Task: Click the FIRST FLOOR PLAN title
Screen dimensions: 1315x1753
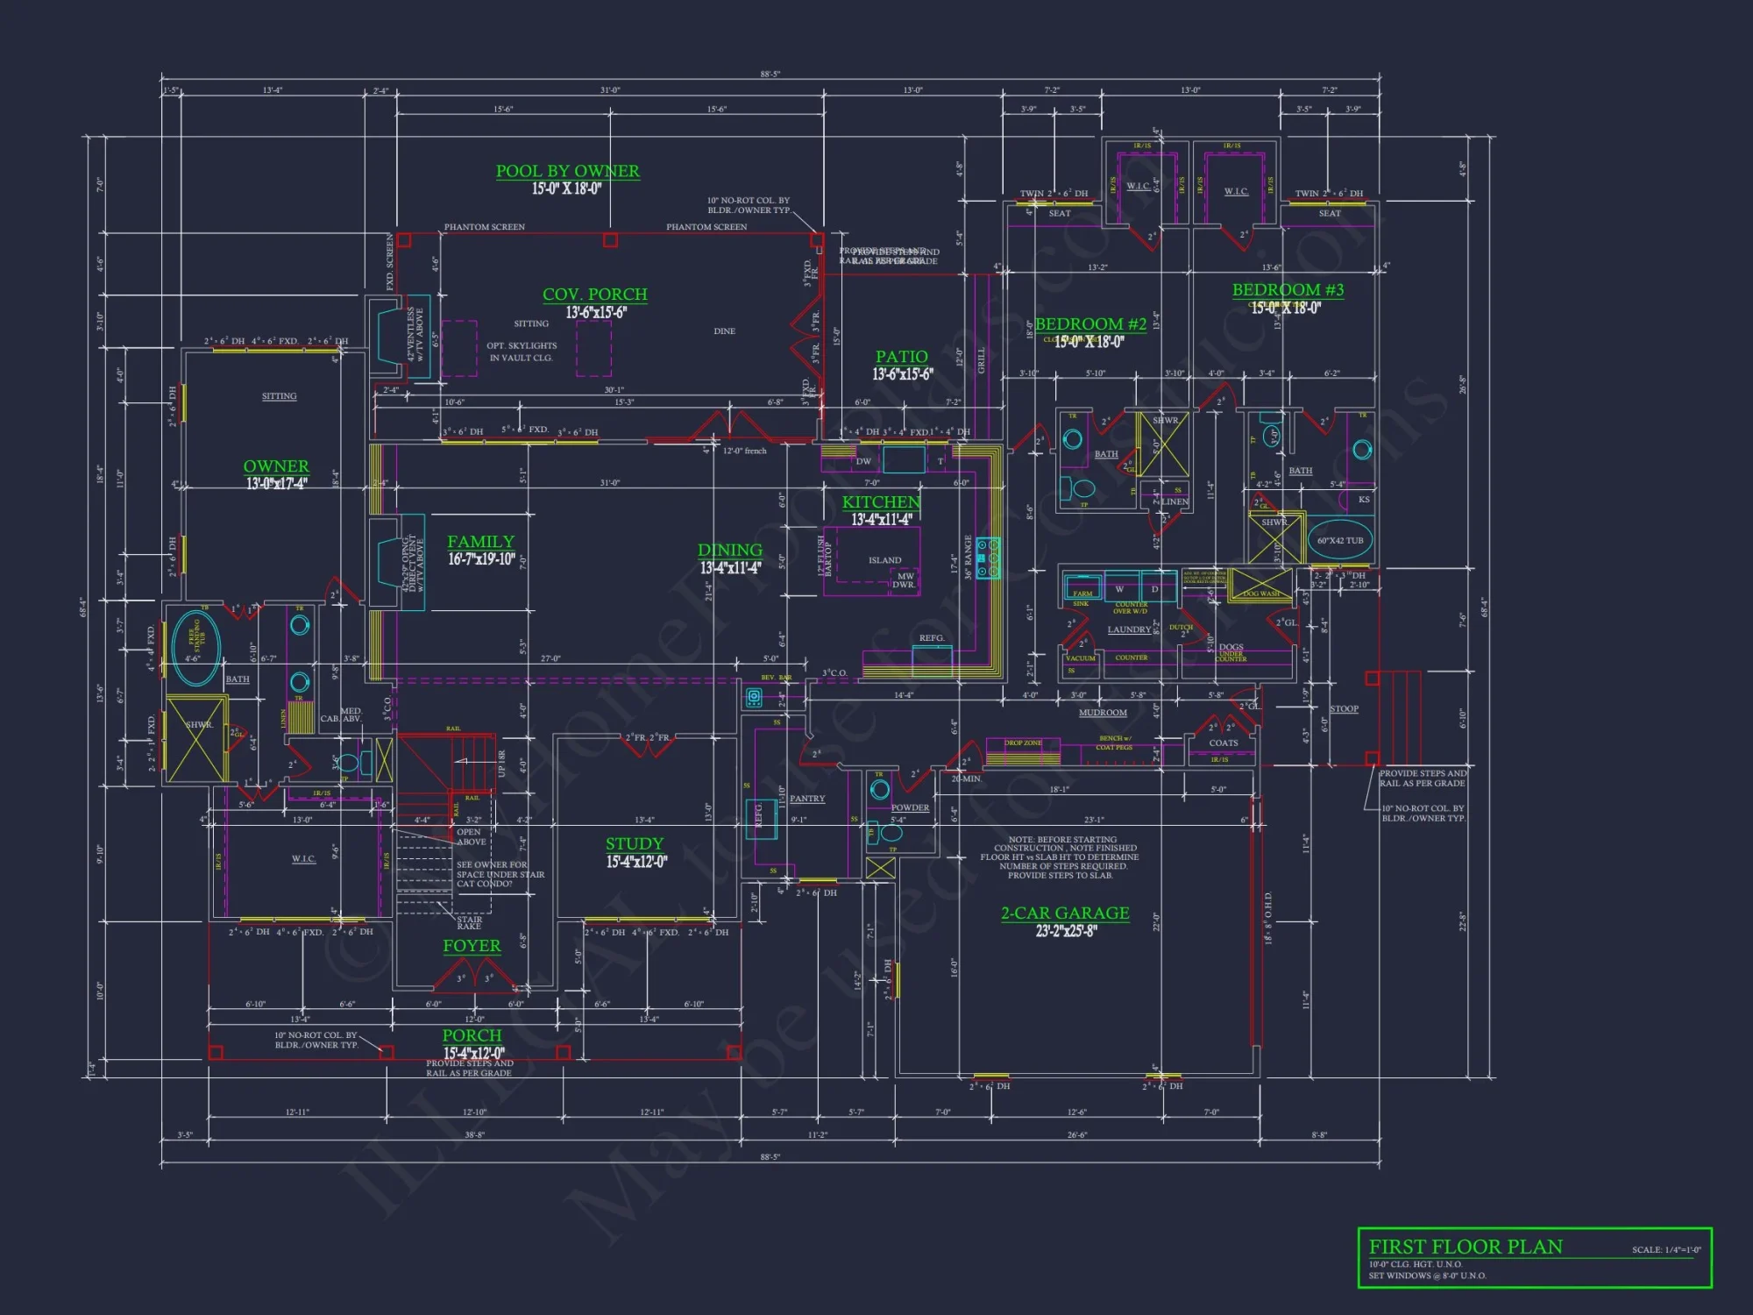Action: [1466, 1247]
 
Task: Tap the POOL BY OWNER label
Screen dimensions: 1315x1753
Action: [567, 171]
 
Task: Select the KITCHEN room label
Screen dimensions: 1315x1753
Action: [881, 502]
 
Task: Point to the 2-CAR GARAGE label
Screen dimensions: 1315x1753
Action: [1065, 913]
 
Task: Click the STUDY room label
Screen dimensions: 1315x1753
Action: [635, 844]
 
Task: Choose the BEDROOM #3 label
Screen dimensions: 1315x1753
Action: [1288, 290]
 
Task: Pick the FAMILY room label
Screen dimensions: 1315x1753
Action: [480, 542]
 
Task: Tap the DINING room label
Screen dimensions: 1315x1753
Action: [729, 551]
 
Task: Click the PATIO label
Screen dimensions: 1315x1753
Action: [901, 357]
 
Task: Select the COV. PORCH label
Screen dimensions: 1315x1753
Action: [594, 295]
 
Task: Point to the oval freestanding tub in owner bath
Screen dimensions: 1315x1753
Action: [195, 649]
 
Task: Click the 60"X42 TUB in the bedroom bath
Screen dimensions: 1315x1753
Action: [1340, 540]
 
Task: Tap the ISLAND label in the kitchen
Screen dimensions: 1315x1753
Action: [884, 560]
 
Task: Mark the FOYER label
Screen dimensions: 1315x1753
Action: [472, 946]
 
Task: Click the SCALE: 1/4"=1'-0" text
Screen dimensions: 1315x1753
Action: [1665, 1250]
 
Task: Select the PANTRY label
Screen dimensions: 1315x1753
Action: [807, 799]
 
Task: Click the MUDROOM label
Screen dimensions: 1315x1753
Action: [1103, 713]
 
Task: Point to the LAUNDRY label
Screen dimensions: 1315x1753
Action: [1129, 629]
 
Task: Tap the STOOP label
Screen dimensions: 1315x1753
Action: [1344, 709]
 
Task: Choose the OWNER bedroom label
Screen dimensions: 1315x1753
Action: [276, 466]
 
